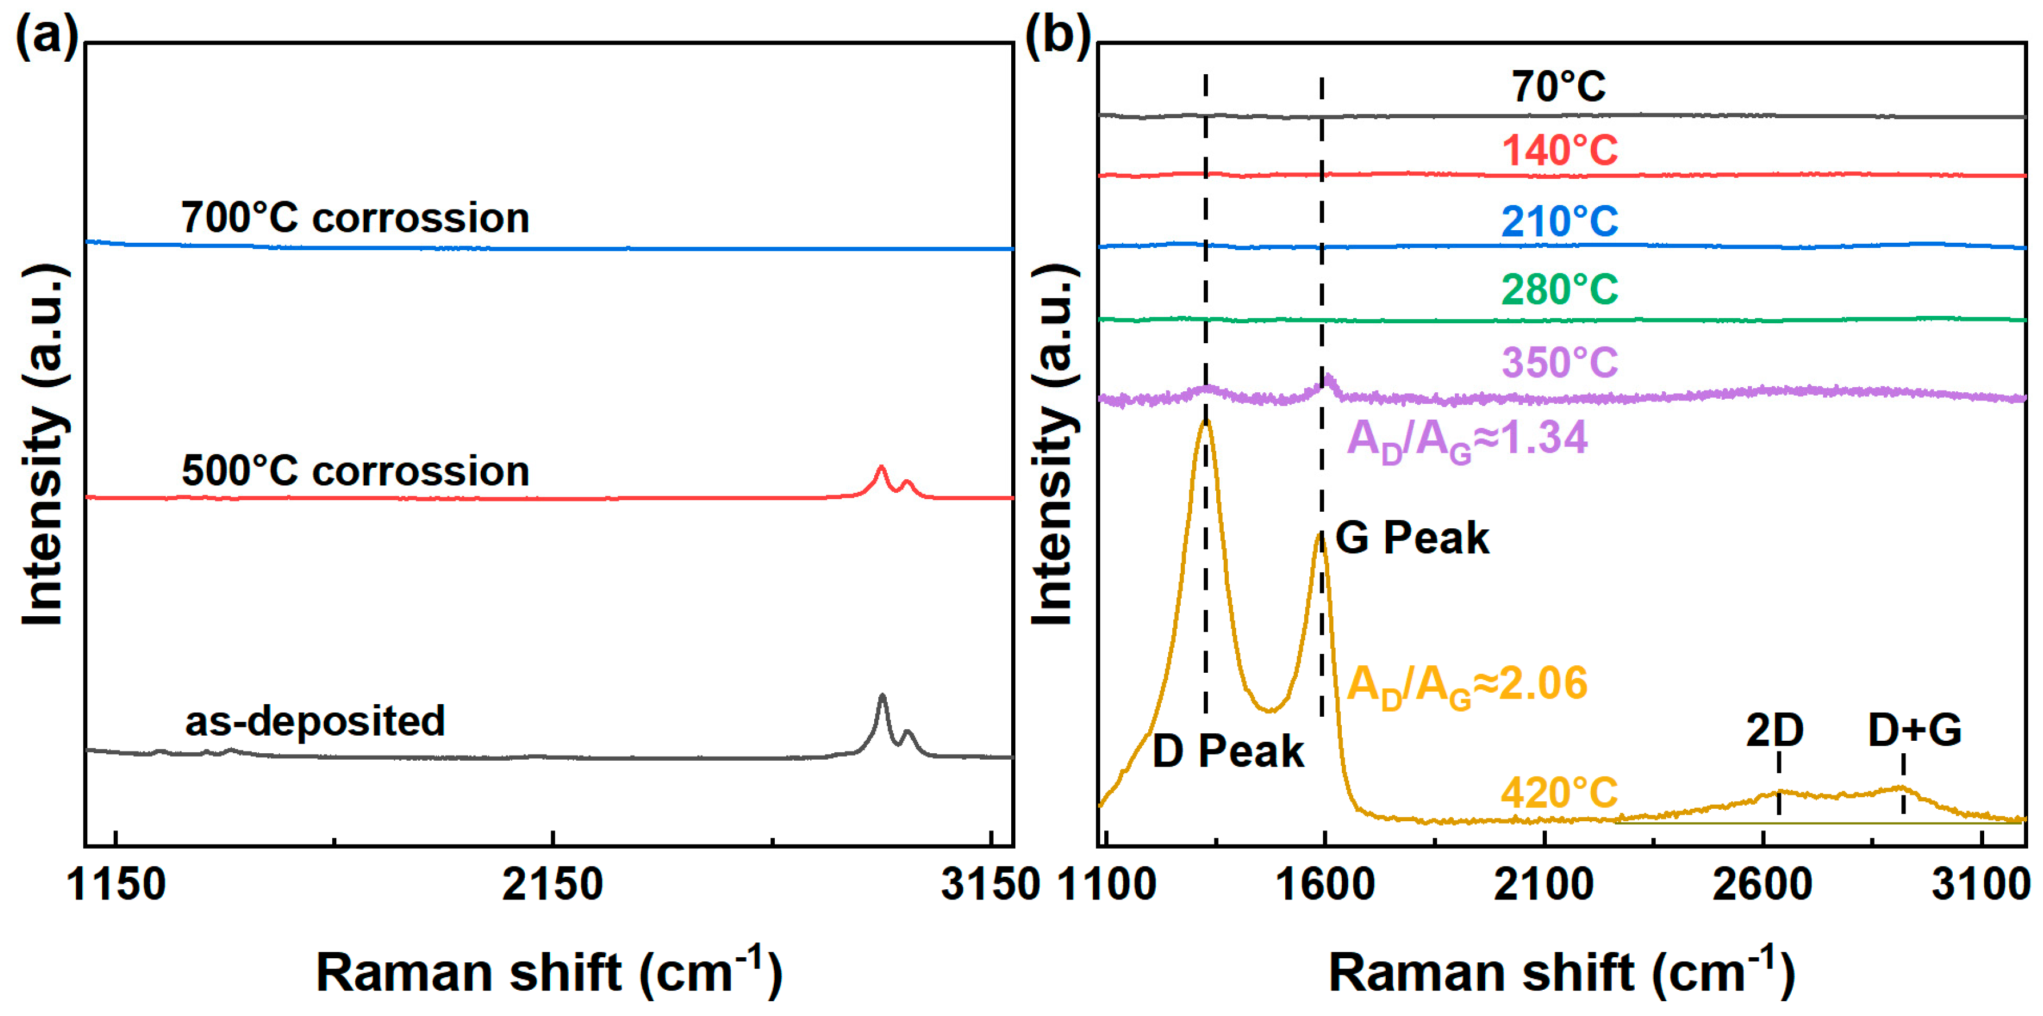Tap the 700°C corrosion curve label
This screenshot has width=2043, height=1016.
(x=355, y=218)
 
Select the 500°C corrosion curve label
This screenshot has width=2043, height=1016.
(x=355, y=471)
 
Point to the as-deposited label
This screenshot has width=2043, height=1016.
(x=315, y=721)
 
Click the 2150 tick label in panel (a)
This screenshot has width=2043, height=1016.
(x=553, y=884)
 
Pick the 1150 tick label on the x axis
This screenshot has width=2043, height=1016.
(x=116, y=884)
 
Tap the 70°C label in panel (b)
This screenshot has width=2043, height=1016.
(x=1558, y=86)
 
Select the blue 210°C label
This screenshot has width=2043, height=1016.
(x=1560, y=220)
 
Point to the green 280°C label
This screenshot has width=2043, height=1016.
(x=1560, y=289)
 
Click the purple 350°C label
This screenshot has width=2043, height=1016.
(x=1560, y=363)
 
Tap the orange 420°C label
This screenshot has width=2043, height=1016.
(x=1560, y=792)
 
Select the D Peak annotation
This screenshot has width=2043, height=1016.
(x=1228, y=750)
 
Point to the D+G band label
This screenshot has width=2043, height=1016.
(x=1915, y=730)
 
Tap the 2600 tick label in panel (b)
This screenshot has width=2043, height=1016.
(x=1762, y=884)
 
